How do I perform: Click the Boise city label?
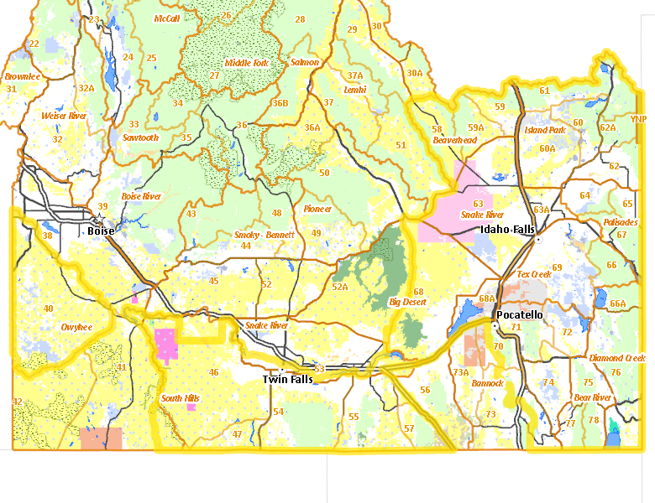pyautogui.click(x=102, y=231)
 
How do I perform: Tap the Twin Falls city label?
pyautogui.click(x=288, y=380)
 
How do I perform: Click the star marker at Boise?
pyautogui.click(x=98, y=217)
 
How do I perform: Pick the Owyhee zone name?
pyautogui.click(x=76, y=327)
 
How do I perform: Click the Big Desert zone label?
pyautogui.click(x=407, y=302)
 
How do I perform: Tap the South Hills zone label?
pyautogui.click(x=181, y=398)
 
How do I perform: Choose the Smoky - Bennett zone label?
pyautogui.click(x=264, y=235)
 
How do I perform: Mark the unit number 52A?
pyautogui.click(x=339, y=287)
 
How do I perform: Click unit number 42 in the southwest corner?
pyautogui.click(x=17, y=402)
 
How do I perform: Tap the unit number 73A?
pyautogui.click(x=460, y=372)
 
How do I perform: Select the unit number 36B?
pyautogui.click(x=280, y=103)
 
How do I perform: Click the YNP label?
pyautogui.click(x=639, y=119)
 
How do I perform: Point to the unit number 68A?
pyautogui.click(x=486, y=298)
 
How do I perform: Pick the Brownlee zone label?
pyautogui.click(x=23, y=76)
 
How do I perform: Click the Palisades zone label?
pyautogui.click(x=620, y=222)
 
